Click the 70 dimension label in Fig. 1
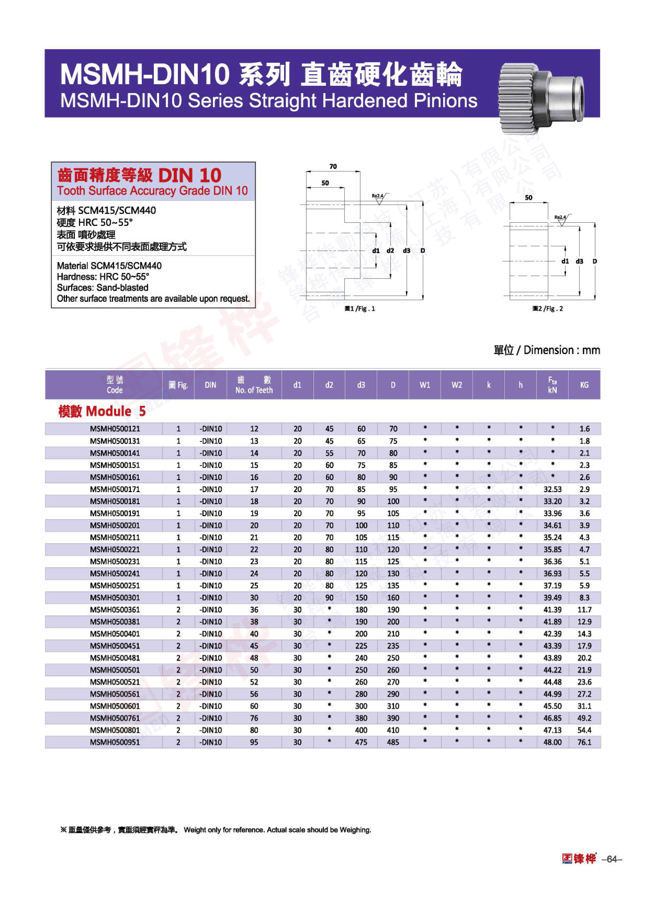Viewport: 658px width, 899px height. tap(333, 167)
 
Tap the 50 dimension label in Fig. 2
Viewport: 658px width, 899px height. tap(529, 197)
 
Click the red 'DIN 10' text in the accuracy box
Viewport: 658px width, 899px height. tap(189, 176)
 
